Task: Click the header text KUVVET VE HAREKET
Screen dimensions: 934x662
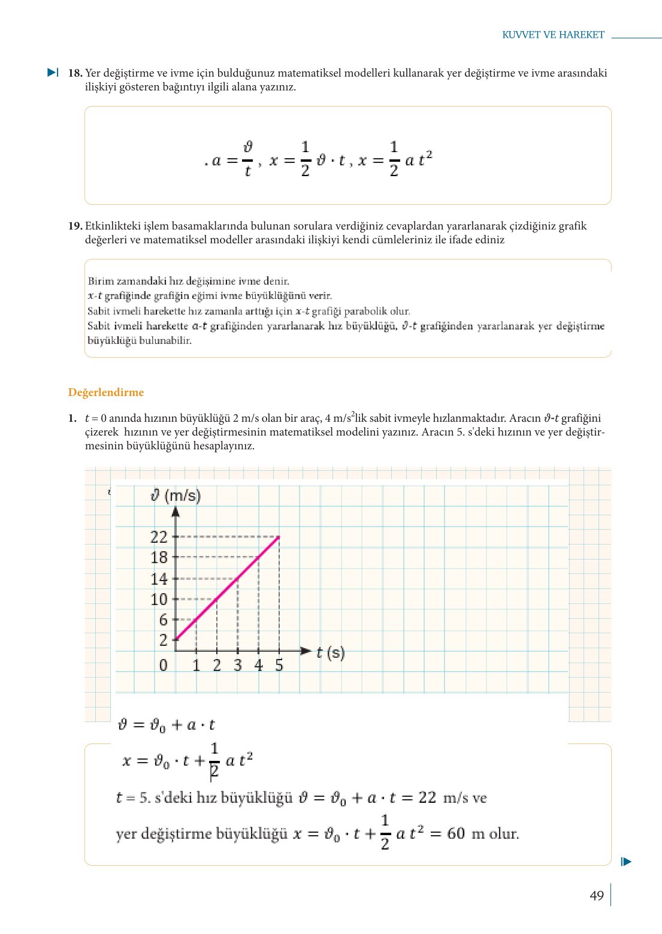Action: coord(553,35)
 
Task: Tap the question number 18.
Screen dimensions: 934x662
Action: coord(75,73)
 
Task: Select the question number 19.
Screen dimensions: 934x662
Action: coord(75,226)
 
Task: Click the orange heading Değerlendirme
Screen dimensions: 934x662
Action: coord(106,392)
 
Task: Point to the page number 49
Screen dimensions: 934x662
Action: coord(596,896)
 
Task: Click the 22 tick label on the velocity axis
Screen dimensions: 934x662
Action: coord(159,537)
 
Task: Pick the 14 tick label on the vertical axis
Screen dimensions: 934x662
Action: coord(159,579)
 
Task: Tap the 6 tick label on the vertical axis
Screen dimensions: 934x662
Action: coord(163,620)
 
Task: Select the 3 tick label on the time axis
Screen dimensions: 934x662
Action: coord(238,666)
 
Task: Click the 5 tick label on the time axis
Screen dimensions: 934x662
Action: coord(279,666)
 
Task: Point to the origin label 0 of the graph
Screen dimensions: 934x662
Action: coord(163,666)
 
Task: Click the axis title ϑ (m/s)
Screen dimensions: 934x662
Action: coord(176,495)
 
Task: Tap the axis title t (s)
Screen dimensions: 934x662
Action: coord(330,652)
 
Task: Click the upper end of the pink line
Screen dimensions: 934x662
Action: coord(279,537)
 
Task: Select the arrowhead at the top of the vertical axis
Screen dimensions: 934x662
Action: coord(176,511)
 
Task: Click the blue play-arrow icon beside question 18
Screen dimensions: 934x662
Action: coord(53,72)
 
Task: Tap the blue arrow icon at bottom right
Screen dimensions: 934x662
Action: coord(626,862)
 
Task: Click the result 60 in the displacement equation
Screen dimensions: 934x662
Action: coord(456,833)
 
